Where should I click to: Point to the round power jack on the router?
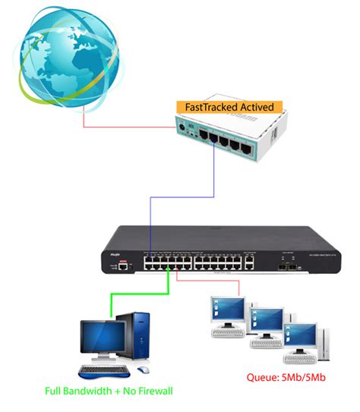pos(183,124)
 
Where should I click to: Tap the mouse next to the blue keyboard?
pos(141,370)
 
